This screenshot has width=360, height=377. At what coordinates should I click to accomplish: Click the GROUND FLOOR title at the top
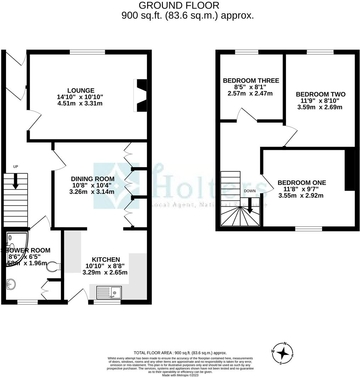pos(179,5)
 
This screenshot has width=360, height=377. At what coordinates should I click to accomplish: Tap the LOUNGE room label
pos(81,90)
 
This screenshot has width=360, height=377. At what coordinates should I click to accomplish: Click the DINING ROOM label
pos(92,179)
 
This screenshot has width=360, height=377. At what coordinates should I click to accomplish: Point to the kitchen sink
pos(109,293)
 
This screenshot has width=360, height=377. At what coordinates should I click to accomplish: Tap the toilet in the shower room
pos(54,266)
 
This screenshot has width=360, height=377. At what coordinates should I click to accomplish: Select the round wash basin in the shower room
pos(11,283)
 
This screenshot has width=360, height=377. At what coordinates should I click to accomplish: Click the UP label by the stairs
pos(15,167)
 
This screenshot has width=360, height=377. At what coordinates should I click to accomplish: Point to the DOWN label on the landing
pos(250,191)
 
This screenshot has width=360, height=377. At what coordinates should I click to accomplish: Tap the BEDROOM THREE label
pos(251,80)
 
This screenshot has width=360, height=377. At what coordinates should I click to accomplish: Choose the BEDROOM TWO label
pos(321,94)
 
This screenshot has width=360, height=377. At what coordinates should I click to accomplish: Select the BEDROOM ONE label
pos(302,183)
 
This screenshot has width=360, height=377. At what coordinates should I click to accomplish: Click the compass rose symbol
pos(283,353)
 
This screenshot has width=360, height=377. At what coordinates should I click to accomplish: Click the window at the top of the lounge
pos(88,52)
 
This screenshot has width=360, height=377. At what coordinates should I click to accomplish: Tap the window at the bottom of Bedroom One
pos(309,229)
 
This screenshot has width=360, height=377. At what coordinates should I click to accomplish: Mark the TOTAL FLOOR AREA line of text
pos(180,353)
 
